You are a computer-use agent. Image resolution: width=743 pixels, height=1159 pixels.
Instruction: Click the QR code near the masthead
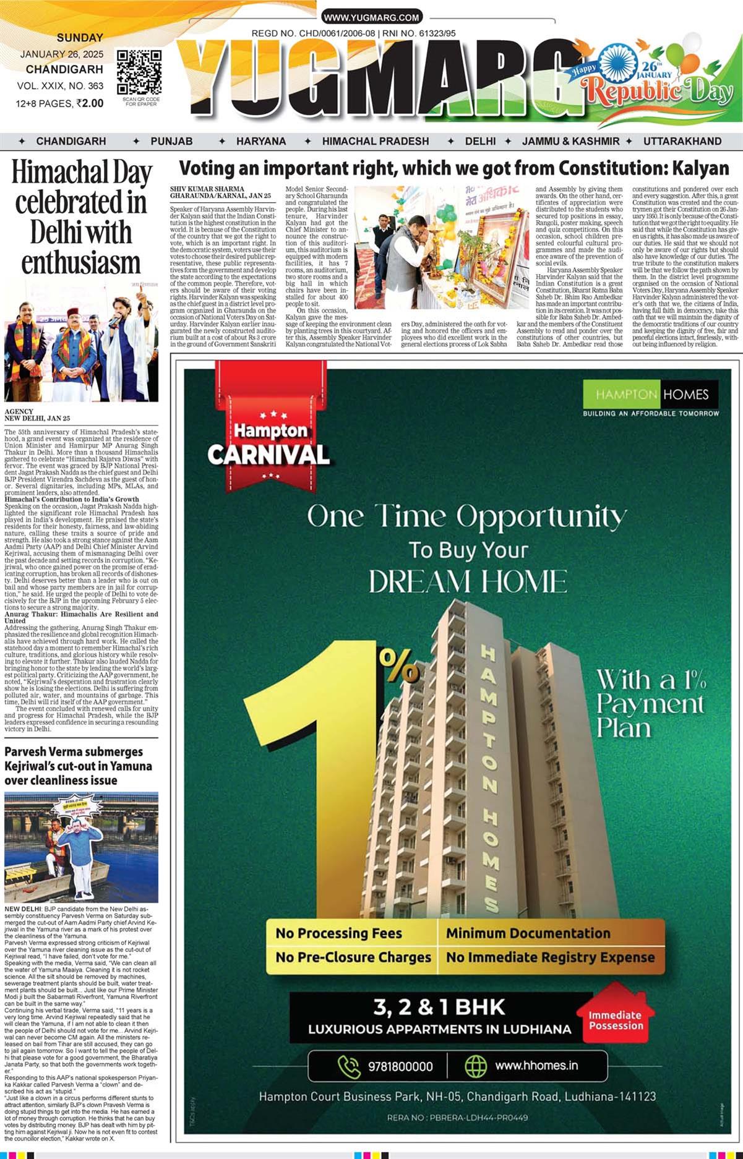[139, 73]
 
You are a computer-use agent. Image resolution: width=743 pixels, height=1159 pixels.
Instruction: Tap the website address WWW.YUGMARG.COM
[371, 17]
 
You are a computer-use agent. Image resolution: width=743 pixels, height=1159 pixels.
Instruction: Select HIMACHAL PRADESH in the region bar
[375, 141]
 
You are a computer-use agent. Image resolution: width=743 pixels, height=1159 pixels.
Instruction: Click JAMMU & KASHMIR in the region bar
[570, 141]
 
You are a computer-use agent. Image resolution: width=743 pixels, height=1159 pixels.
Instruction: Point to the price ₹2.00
[89, 103]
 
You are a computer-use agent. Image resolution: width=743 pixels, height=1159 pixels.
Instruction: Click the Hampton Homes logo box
[650, 394]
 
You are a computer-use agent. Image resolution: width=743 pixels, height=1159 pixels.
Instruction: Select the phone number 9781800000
[400, 1066]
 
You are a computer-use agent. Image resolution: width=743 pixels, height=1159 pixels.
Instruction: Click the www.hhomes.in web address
[536, 1065]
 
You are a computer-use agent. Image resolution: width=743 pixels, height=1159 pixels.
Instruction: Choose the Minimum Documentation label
[528, 933]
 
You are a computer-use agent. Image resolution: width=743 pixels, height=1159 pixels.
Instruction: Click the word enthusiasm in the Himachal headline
[81, 262]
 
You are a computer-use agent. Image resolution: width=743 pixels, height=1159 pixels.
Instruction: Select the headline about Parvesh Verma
[78, 766]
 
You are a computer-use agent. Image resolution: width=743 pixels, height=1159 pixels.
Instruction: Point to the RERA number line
[457, 1117]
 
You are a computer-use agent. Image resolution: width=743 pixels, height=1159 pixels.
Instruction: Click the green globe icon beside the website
[476, 1066]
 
